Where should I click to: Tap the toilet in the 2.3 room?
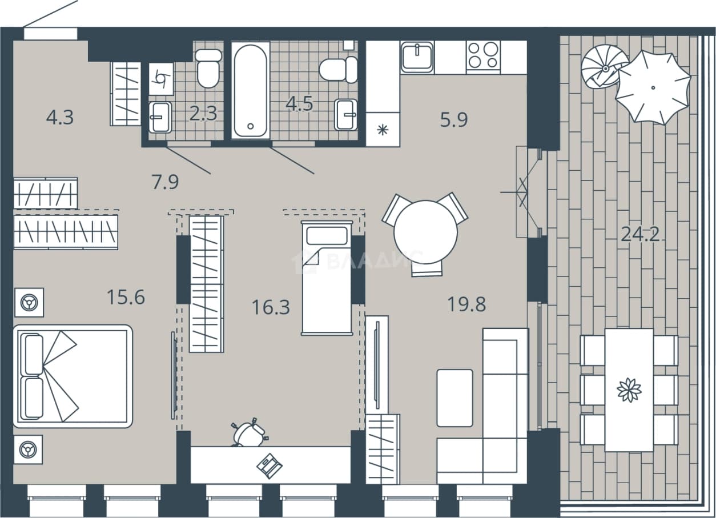tap(208, 69)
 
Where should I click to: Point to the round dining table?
tap(425, 232)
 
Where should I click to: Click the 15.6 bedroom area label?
tap(126, 297)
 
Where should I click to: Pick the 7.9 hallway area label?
tap(165, 182)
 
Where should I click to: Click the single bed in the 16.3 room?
tap(327, 278)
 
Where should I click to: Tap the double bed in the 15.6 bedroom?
tap(73, 376)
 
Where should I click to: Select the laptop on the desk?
tap(269, 466)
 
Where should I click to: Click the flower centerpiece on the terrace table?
tap(629, 389)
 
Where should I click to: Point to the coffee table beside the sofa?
tap(454, 397)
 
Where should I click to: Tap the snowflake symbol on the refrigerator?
tap(383, 130)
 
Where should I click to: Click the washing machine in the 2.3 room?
tap(162, 79)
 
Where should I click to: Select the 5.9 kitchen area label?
tap(454, 119)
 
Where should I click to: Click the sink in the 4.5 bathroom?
tap(345, 114)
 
